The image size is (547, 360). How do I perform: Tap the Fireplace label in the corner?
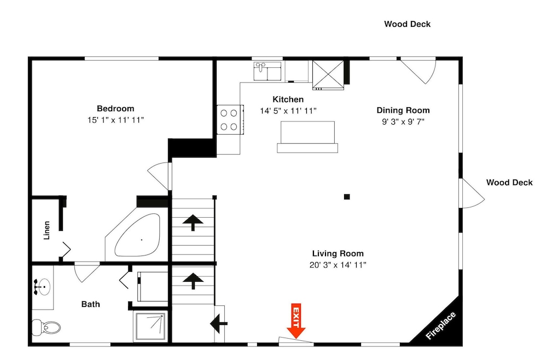(440, 326)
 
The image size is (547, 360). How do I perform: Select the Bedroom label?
(115, 108)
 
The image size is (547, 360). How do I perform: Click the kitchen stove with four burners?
(230, 120)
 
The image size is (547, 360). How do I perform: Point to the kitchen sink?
(267, 71)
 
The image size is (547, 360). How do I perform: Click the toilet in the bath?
(46, 328)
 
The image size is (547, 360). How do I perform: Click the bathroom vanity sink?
(42, 287)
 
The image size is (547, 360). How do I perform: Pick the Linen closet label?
(46, 230)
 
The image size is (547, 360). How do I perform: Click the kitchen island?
(307, 137)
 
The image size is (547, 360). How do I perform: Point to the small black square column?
(347, 197)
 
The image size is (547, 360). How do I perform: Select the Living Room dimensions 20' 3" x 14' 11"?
(337, 265)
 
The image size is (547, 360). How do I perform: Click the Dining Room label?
(403, 110)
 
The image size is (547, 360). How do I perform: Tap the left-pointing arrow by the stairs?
(219, 323)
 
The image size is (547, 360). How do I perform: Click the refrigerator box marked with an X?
(328, 74)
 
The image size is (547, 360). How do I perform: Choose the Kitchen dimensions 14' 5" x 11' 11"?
(288, 111)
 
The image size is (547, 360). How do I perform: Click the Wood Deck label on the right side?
(509, 182)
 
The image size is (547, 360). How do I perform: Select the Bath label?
(91, 304)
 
